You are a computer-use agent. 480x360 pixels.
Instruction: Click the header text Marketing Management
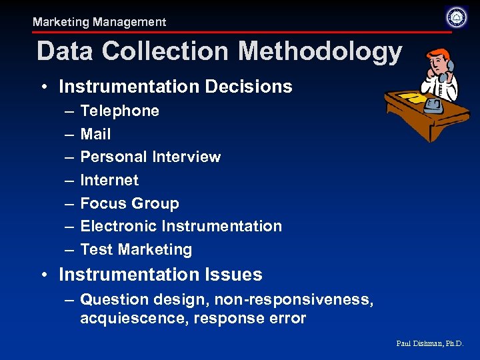[x=99, y=22]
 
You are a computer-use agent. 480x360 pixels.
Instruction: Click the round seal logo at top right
[x=456, y=17]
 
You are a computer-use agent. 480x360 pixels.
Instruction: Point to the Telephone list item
[x=119, y=111]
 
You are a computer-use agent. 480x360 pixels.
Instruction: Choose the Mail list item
[x=95, y=134]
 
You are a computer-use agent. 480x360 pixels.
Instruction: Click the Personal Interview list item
[x=150, y=157]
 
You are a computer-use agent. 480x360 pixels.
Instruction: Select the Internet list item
[x=109, y=180]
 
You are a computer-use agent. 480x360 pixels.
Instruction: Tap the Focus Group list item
[x=129, y=203]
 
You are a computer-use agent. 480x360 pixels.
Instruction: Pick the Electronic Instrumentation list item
[x=181, y=226]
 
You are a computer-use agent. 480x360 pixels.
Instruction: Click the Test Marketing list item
[x=136, y=249]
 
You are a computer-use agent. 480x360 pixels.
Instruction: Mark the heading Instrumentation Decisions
[x=175, y=87]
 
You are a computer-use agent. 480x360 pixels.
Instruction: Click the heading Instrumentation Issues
[x=160, y=275]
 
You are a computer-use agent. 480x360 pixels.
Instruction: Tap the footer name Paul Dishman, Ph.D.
[x=429, y=343]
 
